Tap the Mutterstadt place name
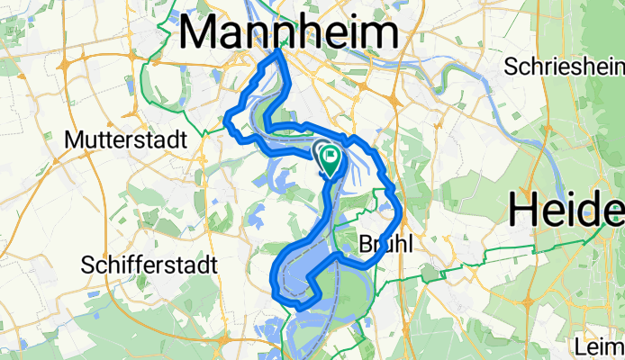125,140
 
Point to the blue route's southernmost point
295,307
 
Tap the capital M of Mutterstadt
75,140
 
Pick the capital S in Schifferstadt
86,265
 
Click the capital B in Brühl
364,244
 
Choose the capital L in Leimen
582,346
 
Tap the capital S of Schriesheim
511,67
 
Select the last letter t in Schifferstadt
216,265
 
